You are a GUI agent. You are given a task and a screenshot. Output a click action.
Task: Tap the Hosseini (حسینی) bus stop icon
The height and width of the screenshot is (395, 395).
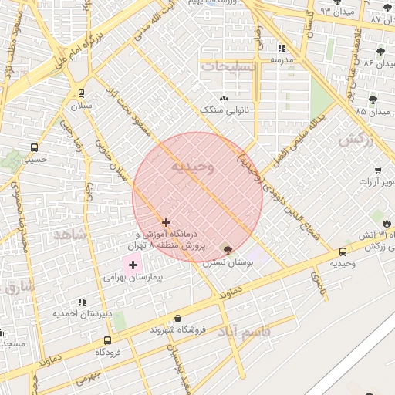(34, 147)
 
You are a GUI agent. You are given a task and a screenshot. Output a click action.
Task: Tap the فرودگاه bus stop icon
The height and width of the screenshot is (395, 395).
(107, 340)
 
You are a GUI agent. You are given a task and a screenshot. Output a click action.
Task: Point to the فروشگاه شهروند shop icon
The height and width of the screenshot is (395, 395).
(178, 318)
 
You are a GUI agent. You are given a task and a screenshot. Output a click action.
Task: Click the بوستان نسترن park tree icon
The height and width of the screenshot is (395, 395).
(226, 249)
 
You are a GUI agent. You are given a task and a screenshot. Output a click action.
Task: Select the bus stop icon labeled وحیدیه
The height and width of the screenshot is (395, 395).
(343, 251)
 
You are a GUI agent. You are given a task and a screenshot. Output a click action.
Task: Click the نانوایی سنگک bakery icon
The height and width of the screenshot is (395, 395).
(225, 99)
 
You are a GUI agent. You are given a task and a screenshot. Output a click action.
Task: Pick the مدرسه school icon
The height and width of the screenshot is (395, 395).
(281, 48)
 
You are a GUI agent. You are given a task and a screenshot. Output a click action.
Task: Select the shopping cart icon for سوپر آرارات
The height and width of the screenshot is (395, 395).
(378, 170)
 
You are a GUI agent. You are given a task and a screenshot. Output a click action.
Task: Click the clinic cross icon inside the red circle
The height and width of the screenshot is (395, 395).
(166, 222)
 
